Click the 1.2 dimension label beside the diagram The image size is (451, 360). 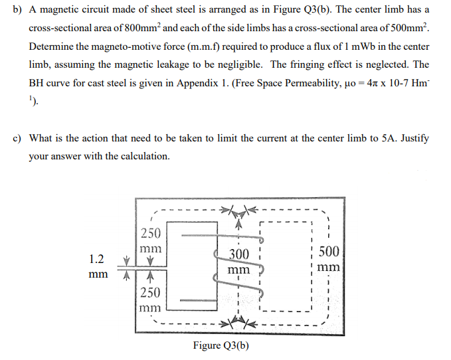(96, 258)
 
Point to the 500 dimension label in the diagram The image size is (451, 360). (329, 252)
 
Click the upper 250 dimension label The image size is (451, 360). (150, 234)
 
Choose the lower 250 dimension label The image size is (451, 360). (150, 292)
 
